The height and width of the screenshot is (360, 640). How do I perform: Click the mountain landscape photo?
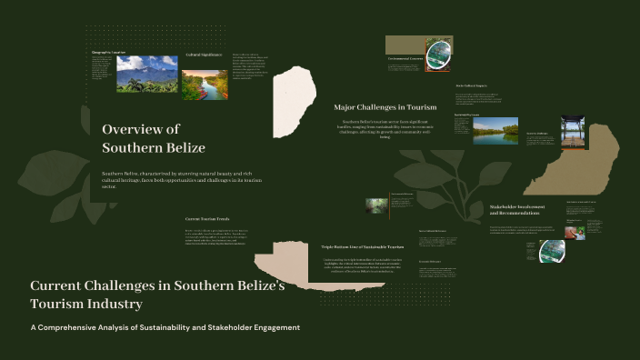(x=146, y=75)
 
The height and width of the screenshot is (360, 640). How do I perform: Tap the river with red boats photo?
(x=205, y=85)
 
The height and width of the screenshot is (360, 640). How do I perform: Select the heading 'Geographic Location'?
(x=108, y=52)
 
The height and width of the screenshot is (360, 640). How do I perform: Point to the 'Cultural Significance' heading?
(x=205, y=55)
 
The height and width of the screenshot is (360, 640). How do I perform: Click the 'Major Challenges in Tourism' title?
(x=385, y=107)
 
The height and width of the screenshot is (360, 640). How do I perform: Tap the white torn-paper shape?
(x=295, y=100)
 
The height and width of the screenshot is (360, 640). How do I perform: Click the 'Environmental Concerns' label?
(x=405, y=58)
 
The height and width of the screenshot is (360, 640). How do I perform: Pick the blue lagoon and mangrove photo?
(x=495, y=131)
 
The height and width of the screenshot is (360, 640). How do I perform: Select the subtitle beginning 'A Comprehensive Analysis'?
(x=165, y=327)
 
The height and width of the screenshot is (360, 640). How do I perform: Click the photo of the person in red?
(x=574, y=231)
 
